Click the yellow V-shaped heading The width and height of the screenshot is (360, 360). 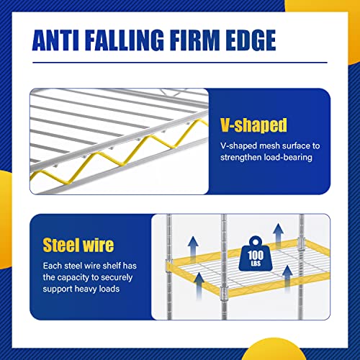pos(253,125)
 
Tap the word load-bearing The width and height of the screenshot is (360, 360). pos(288,158)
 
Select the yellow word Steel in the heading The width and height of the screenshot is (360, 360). pos(61,245)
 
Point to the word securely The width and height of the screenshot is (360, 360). pos(117,278)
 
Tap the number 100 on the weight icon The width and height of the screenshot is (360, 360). pos(256,255)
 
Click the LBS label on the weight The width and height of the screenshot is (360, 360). pos(256,264)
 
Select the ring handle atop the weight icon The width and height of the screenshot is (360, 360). pos(256,241)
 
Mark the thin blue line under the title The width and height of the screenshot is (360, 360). pos(180,63)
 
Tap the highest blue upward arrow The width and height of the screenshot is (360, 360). pos(279,235)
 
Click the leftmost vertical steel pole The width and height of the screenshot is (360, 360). pos(169,266)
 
